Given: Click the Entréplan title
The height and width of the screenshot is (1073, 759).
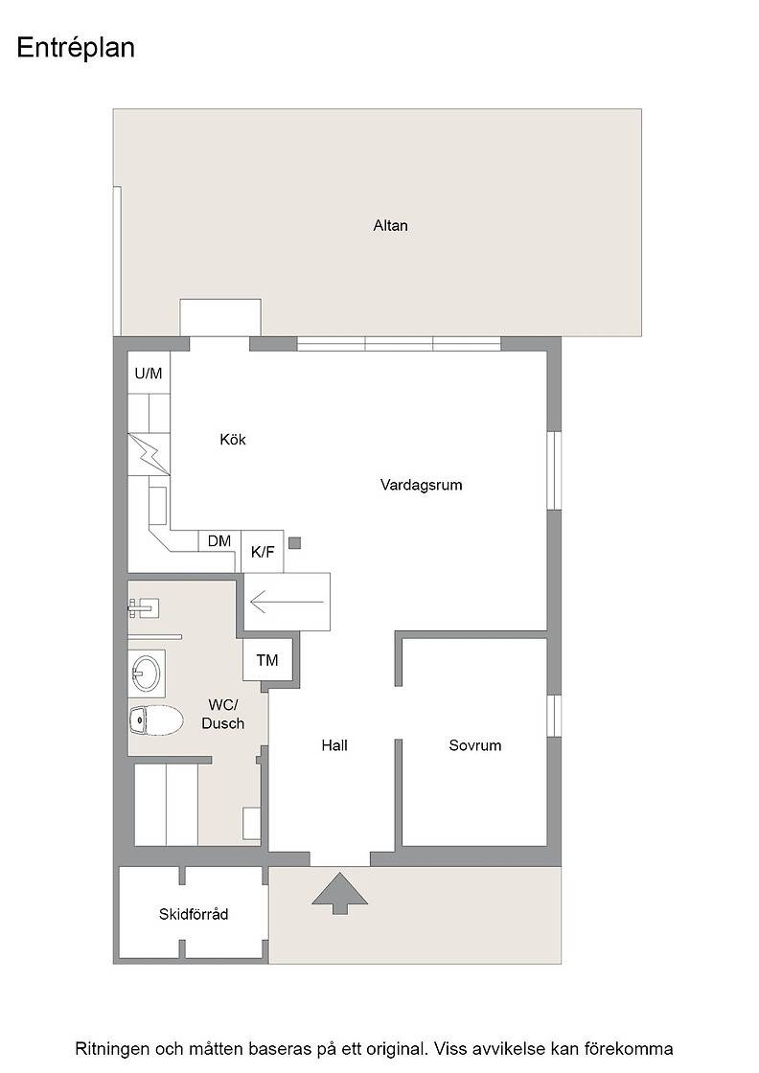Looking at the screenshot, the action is coord(76,49).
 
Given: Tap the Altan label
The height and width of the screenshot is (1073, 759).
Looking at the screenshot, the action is coord(391,225).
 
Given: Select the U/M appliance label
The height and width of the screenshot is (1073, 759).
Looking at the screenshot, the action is coord(149,373).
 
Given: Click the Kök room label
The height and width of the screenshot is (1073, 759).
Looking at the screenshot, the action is coord(233,440).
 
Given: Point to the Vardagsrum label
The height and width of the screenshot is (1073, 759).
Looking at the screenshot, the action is coord(421,485).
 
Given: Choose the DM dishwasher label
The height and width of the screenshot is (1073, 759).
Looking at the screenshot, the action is coord(219,541).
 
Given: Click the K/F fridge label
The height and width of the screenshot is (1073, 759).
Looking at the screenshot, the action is coord(263,552).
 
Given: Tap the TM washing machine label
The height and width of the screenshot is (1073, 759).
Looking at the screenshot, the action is coord(267,660).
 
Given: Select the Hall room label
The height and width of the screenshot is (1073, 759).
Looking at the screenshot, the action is coord(334,745).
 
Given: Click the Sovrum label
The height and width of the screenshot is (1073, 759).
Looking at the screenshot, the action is coord(475,745).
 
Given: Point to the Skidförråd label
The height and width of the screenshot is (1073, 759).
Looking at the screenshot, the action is coord(194,914).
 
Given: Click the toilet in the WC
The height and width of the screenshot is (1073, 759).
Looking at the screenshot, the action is coord(156,720).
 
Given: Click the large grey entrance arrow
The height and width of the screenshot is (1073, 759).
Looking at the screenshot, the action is coord(339,893).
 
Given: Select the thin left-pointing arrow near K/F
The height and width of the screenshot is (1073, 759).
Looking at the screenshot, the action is coord(287,603).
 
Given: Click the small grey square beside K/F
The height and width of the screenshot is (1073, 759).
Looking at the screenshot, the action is coord(294,543).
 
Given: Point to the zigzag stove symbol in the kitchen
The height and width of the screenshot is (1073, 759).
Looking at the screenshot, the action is coord(149,454).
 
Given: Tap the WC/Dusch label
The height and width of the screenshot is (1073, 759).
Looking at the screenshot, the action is coord(223,715).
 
